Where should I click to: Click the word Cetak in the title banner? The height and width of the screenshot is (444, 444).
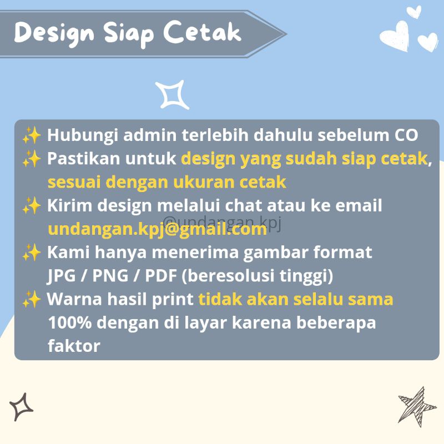pos(204,33)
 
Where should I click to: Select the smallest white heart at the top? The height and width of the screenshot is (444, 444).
pos(413,12)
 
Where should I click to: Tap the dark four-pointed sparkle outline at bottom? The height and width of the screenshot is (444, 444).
pos(21,406)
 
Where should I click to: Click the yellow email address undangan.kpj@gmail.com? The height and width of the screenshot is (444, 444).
pos(157,229)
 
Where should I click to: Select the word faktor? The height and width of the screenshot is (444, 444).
pos(74,346)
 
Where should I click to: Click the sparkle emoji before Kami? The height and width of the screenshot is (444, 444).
pos(32,253)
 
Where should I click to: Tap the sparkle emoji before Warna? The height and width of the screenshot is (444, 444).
pos(32,300)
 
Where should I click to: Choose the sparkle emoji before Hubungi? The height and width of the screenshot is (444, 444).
pos(32,135)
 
